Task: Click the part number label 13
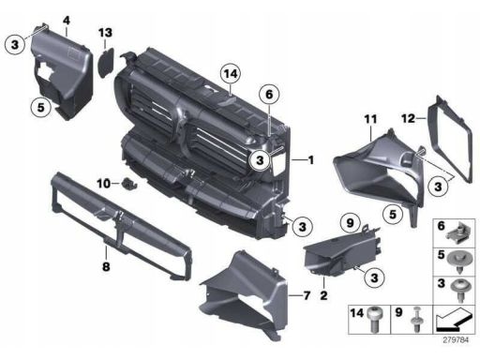coord(105,33)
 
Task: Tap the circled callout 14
coord(231,74)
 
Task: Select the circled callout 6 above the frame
coord(269,95)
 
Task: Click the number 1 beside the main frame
coord(310,160)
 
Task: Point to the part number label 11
coord(370,119)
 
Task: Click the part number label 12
coord(409,119)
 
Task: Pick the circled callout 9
coord(351,223)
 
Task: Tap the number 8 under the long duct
coord(106,266)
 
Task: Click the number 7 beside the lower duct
coord(307,295)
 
